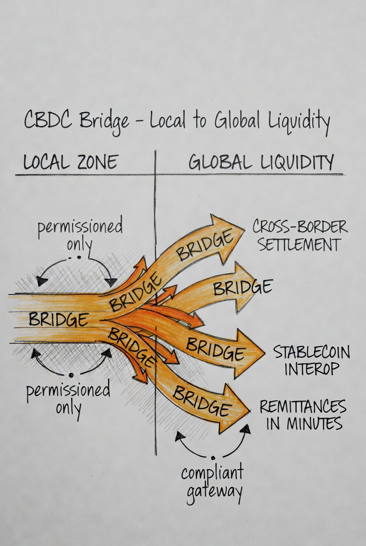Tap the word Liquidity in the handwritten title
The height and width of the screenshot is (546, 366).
[x=299, y=122]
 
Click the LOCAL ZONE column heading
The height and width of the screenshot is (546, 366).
[x=70, y=162]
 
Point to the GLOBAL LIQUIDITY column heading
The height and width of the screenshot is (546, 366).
[x=261, y=162]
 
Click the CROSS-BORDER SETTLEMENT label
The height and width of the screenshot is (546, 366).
[x=300, y=236]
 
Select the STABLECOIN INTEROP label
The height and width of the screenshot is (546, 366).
[x=311, y=360]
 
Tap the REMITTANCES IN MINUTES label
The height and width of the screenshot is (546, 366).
[x=303, y=415]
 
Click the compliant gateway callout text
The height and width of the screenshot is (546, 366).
[x=213, y=481]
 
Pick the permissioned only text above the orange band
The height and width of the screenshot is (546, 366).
[x=80, y=234]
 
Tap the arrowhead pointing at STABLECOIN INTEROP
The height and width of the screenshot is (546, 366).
[x=250, y=353]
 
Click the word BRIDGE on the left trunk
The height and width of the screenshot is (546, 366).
[x=58, y=319]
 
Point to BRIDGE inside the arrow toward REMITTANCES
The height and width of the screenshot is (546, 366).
[x=201, y=401]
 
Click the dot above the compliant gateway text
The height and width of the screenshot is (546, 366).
[x=213, y=457]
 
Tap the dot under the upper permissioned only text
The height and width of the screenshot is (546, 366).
[x=78, y=258]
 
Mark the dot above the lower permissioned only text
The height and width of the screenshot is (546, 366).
[x=70, y=375]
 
